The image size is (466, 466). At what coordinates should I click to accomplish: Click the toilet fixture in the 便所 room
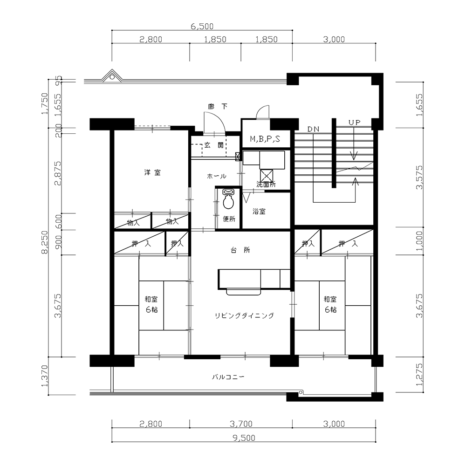[228, 199]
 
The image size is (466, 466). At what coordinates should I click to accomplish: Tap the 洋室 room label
[152, 172]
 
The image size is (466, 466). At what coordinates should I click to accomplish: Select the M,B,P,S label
[265, 138]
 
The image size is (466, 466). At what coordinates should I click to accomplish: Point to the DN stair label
[313, 129]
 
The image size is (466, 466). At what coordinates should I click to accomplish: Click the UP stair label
[354, 123]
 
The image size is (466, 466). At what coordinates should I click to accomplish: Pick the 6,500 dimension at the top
[202, 27]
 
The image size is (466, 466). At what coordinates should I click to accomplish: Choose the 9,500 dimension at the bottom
[244, 438]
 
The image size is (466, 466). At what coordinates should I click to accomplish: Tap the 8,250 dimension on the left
[45, 242]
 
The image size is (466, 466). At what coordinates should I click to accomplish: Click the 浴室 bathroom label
[259, 212]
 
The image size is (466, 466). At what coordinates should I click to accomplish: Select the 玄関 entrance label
[214, 145]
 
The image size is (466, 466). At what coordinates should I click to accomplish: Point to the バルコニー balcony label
[228, 377]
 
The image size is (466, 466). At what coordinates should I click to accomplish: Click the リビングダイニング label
[244, 315]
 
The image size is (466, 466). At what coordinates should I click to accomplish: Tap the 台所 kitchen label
[240, 250]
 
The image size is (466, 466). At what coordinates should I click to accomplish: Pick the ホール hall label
[216, 176]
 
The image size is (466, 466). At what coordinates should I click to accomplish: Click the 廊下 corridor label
[218, 106]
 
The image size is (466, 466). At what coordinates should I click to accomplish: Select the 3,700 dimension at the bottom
[241, 424]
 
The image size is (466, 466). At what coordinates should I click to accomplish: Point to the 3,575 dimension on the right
[419, 178]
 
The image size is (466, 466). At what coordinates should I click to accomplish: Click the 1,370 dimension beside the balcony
[45, 376]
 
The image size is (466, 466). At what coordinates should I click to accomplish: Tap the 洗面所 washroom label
[266, 184]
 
